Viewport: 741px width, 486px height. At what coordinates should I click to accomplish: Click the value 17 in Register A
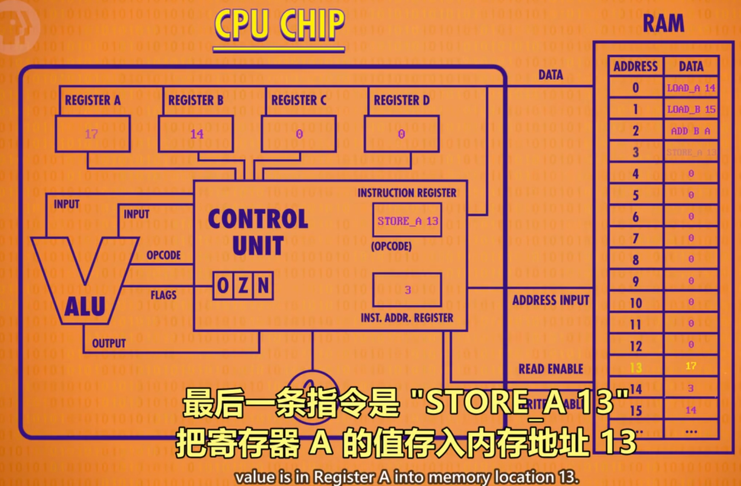[x=91, y=134]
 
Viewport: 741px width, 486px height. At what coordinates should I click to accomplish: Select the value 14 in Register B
[x=197, y=134]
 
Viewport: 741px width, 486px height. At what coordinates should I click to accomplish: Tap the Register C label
[x=299, y=100]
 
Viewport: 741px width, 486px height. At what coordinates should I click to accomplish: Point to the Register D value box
[x=401, y=134]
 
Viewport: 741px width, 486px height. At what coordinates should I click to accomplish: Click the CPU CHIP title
[x=279, y=25]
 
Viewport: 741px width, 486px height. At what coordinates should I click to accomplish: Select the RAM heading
[x=663, y=23]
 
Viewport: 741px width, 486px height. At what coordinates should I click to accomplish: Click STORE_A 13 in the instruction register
[x=408, y=221]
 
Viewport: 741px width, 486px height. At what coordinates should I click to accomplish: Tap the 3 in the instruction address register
[x=408, y=290]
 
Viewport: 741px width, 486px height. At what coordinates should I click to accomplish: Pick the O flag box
[x=223, y=286]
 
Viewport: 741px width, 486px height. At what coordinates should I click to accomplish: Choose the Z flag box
[x=243, y=286]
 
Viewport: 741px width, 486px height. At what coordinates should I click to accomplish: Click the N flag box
[x=263, y=286]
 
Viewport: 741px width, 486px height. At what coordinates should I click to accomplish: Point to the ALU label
[x=85, y=307]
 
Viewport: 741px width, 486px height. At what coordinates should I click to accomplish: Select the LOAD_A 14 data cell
[x=691, y=88]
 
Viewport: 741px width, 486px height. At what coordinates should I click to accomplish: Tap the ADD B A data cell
[x=691, y=131]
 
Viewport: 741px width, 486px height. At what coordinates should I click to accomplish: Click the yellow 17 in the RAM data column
[x=691, y=366]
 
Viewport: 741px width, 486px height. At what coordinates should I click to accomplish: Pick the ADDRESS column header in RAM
[x=635, y=66]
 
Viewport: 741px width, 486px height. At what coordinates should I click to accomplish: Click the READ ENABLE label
[x=551, y=369]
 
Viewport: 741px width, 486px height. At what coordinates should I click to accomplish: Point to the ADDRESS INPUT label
[x=551, y=300]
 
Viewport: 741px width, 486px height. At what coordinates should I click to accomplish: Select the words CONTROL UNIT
[x=258, y=232]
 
